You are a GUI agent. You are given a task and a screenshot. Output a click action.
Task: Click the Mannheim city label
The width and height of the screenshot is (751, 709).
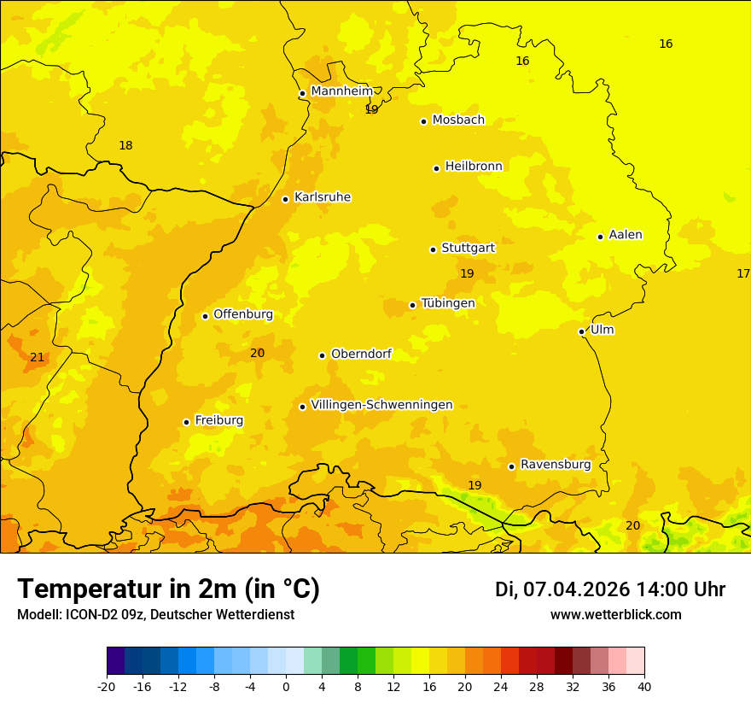pos(341,91)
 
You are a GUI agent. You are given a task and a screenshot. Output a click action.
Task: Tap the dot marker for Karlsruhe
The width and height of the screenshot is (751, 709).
pos(285,199)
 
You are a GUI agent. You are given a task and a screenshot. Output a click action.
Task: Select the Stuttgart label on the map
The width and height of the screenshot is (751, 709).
pos(468,248)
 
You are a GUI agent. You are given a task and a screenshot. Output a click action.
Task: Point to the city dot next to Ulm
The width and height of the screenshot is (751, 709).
pos(581,331)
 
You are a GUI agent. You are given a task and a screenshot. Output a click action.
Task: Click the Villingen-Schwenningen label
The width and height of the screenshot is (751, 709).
pos(381,405)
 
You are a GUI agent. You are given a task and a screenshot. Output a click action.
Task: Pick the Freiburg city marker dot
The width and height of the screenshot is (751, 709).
pos(186,422)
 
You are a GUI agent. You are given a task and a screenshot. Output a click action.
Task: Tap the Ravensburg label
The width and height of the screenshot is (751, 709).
pos(556,465)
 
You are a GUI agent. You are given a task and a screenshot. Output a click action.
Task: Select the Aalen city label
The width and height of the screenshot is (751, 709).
pos(626,235)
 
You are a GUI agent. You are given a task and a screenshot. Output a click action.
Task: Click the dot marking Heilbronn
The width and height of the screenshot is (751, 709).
pos(436,168)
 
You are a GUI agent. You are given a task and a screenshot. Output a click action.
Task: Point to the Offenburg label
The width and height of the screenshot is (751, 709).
pos(243,314)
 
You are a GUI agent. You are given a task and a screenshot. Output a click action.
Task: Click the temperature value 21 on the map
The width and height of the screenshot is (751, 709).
pos(37,357)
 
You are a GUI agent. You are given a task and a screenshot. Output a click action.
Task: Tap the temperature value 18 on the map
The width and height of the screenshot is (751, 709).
pos(125,146)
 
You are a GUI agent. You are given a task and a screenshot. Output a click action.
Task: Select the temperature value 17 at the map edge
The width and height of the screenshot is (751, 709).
pos(743,273)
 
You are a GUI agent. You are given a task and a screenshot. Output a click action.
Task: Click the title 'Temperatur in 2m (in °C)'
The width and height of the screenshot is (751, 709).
pos(168,589)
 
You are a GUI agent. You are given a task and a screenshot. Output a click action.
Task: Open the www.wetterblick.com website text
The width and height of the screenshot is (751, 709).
pos(615,614)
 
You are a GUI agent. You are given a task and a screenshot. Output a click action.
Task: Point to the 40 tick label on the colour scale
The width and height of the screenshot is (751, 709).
pos(644,686)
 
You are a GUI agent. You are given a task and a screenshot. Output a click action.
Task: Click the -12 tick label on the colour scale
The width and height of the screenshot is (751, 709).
pos(178,686)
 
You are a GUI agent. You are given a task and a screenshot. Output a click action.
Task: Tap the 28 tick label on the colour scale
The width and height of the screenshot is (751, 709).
pos(537,686)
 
